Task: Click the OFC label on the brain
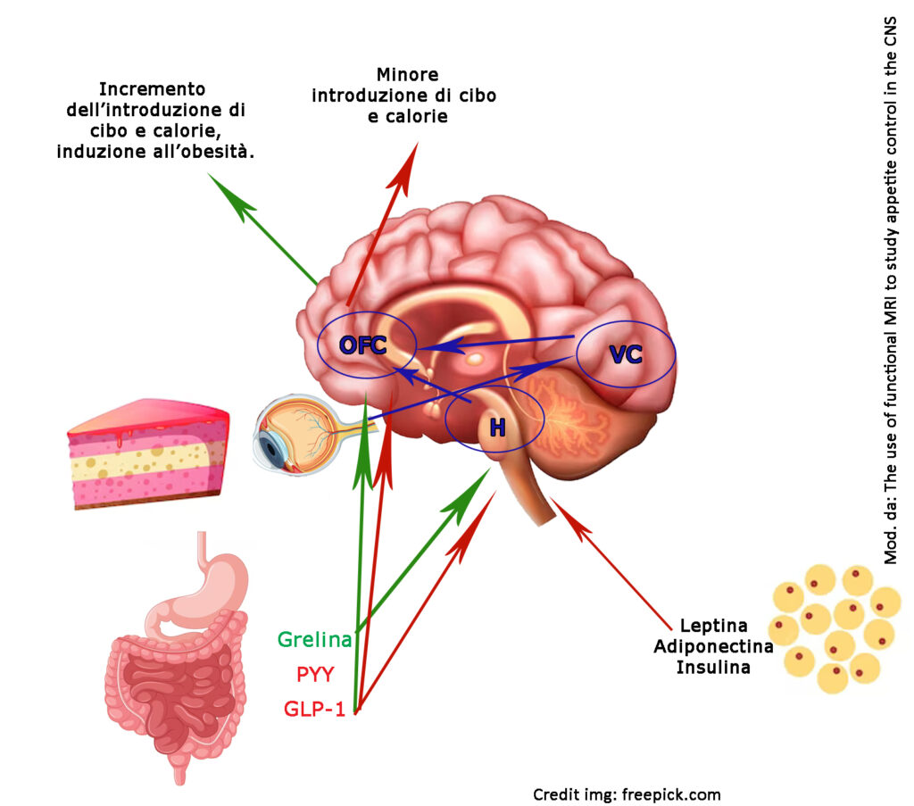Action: (x=362, y=345)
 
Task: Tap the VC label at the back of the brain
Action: (x=626, y=354)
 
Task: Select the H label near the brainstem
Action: (x=497, y=428)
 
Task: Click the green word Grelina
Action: (x=315, y=639)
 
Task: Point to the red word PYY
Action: (x=315, y=674)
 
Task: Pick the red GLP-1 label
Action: (x=314, y=709)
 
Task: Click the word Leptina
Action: (x=713, y=626)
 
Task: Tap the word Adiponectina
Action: (x=713, y=646)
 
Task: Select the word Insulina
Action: (x=713, y=667)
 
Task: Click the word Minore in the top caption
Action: (x=407, y=75)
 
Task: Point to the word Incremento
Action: (x=152, y=89)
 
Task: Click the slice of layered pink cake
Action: (x=148, y=453)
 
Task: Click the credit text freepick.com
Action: (x=671, y=794)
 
